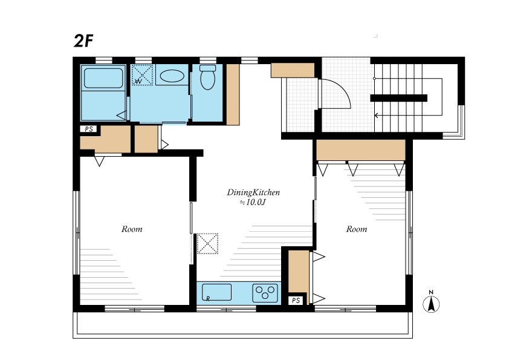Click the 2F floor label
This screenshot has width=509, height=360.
83,41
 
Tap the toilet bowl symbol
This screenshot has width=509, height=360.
208,77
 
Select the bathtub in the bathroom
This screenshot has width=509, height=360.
103,78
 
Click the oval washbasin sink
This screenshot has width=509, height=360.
172,76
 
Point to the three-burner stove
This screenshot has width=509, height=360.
265,293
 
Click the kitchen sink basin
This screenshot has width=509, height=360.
216,292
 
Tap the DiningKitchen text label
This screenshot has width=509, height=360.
253,192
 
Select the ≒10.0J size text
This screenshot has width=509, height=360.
253,203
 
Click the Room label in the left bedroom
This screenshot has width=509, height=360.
132,229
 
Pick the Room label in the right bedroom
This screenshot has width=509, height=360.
357,229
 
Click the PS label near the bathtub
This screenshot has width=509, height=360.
89,129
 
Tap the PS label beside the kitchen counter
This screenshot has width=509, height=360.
296,301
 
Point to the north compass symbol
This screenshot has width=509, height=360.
431,302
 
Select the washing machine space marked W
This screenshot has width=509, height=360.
142,75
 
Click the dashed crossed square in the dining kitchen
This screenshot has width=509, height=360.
207,243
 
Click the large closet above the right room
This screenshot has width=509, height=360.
361,150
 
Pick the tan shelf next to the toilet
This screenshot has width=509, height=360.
233,94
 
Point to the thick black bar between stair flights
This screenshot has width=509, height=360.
398,98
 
